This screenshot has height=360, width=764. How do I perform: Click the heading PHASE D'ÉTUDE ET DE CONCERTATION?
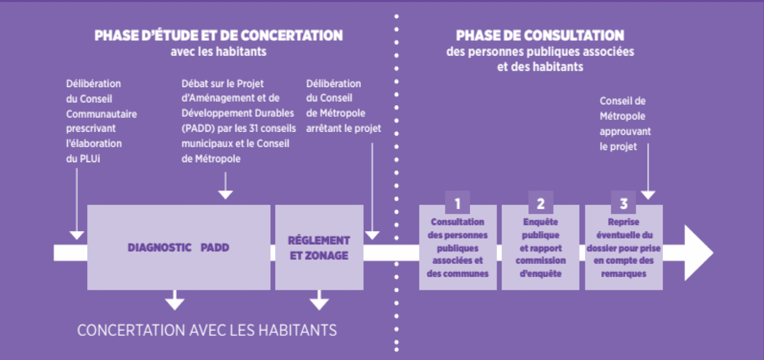[219, 36]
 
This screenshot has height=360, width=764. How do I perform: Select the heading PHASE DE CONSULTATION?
[540, 36]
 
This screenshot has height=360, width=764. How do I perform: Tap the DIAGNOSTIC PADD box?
[179, 247]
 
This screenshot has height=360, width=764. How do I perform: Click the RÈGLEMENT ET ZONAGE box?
[319, 247]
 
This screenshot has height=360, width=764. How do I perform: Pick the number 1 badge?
[457, 203]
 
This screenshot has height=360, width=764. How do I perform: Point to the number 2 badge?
[541, 203]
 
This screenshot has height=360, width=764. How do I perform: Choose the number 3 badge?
[624, 203]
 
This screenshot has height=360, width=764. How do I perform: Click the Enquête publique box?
[541, 247]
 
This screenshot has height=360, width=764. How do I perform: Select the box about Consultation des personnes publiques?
[458, 247]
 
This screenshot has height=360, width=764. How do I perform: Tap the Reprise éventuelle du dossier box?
[624, 247]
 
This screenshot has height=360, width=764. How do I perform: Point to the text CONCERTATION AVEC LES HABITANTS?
[207, 330]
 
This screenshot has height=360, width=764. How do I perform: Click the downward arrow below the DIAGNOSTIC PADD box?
[174, 300]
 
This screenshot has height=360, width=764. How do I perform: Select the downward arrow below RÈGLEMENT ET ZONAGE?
[319, 300]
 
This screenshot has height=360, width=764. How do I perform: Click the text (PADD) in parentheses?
[198, 129]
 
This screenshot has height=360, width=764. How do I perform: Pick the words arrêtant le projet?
[343, 129]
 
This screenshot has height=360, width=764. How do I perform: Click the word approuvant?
[625, 132]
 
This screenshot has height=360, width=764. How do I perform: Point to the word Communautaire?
[102, 114]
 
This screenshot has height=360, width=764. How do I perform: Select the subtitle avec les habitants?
[219, 52]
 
